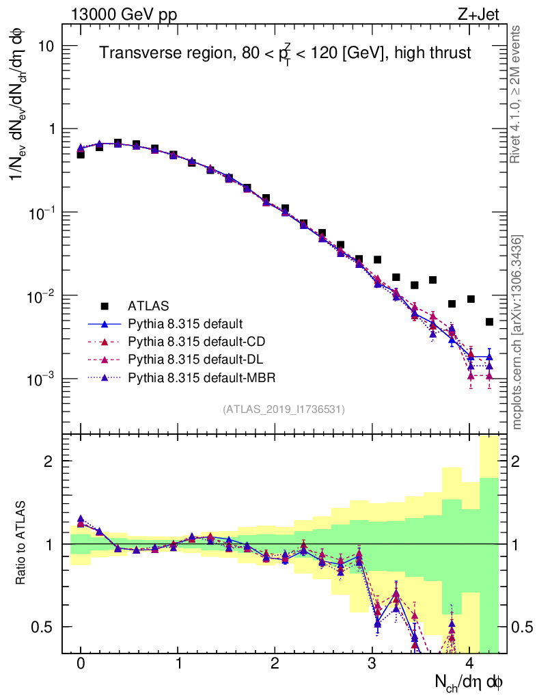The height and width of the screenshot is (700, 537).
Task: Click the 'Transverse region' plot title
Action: coord(285,53)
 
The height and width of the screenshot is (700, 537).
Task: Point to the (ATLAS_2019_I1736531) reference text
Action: coord(284,409)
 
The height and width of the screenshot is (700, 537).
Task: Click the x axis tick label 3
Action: coord(372,664)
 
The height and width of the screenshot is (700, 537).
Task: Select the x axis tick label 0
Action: coord(81,664)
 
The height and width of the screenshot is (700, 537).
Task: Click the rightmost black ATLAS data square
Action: coord(489,321)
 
